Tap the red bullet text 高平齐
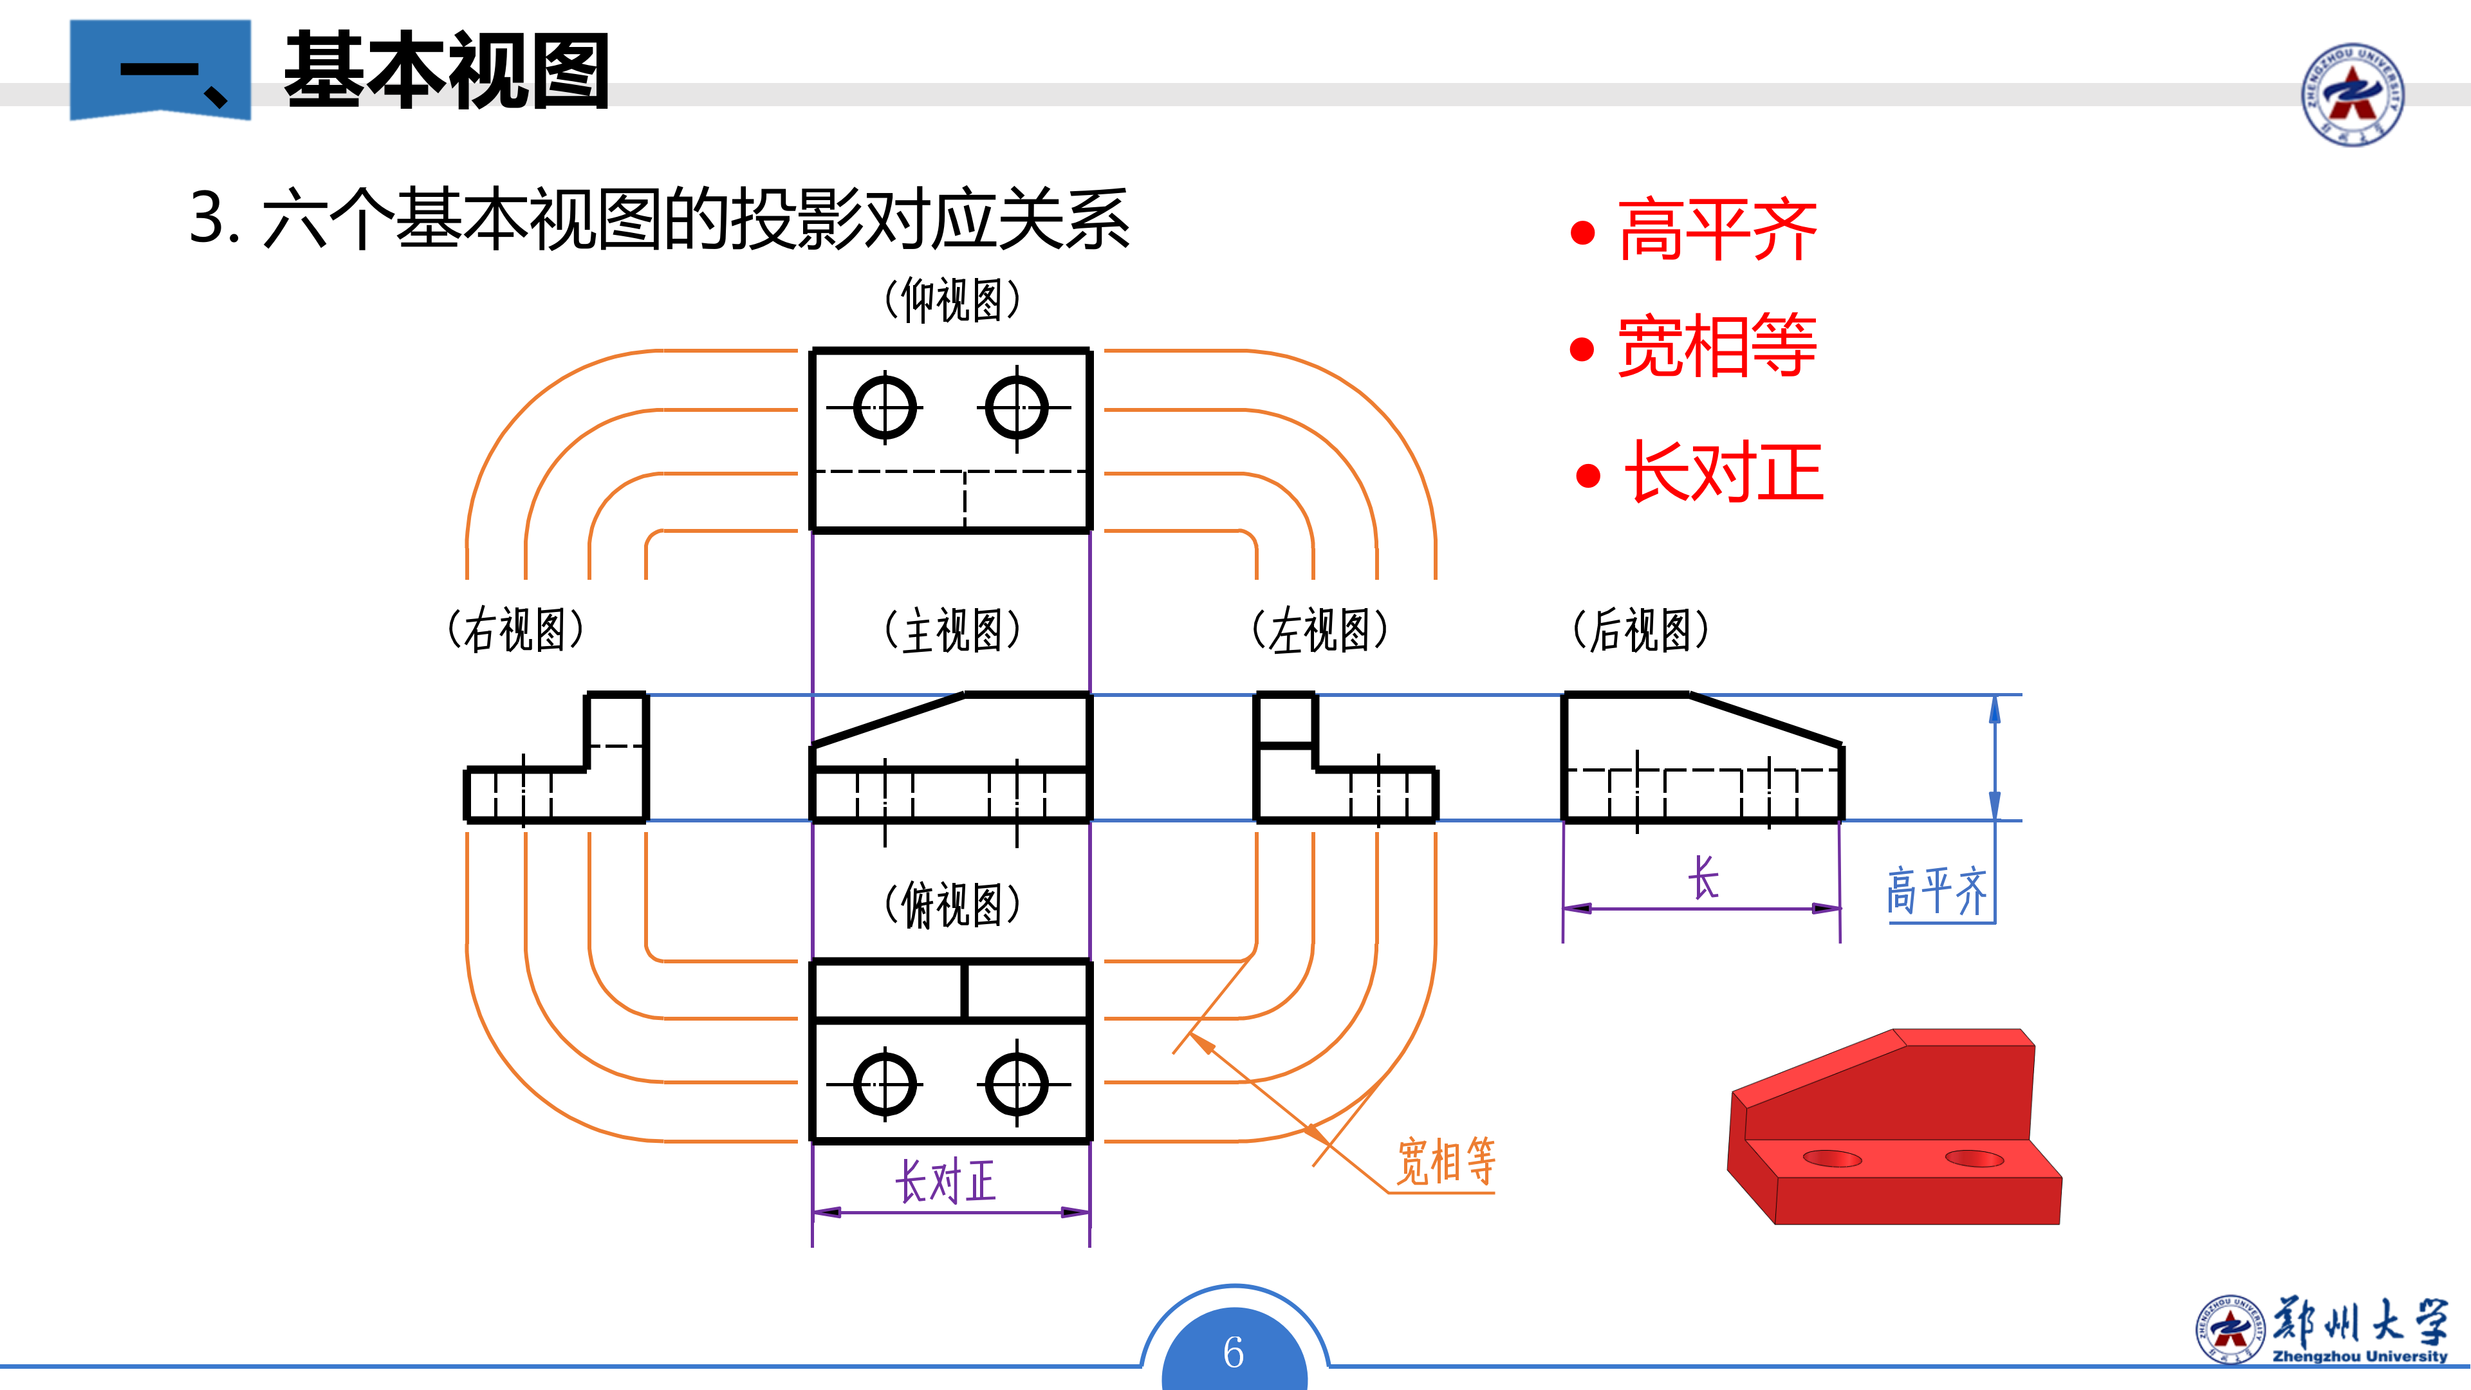click(1717, 230)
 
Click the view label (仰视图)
click(952, 301)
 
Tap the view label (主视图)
click(952, 630)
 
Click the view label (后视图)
click(1640, 630)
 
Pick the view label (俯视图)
click(952, 905)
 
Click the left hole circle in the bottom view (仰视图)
click(884, 408)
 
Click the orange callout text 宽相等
click(1445, 1162)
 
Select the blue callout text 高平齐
click(1937, 891)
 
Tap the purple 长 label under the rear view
click(1703, 878)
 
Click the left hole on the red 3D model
click(1832, 1159)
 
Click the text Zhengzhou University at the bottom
click(2360, 1357)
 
